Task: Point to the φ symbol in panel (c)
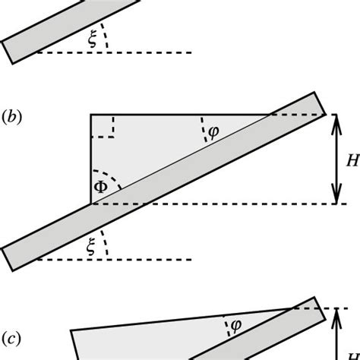235,324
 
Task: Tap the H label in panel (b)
352,160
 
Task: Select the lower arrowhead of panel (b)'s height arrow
334,198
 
